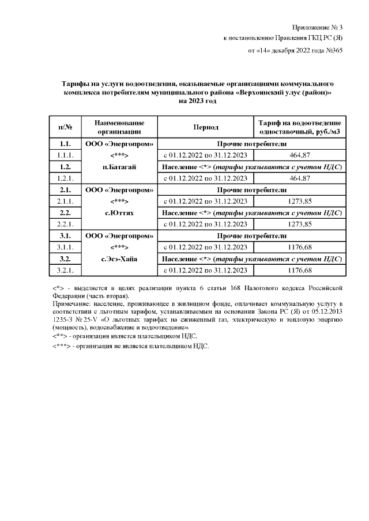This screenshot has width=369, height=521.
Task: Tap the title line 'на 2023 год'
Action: [x=197, y=101]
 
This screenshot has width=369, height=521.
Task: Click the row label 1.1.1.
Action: [x=65, y=155]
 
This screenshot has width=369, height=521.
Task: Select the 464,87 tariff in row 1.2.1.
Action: [x=299, y=178]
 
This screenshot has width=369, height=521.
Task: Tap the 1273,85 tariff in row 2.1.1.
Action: [x=299, y=201]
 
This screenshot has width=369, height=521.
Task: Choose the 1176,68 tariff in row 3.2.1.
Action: [x=299, y=270]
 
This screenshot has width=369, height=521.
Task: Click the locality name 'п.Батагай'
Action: [x=119, y=167]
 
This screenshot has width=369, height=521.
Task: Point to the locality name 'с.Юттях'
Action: [x=119, y=213]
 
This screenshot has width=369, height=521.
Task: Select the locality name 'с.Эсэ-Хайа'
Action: [x=119, y=258]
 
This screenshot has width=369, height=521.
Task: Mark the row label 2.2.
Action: [x=65, y=213]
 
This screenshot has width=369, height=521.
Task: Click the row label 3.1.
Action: [x=65, y=235]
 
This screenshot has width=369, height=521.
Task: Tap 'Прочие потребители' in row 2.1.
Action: [x=251, y=190]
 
